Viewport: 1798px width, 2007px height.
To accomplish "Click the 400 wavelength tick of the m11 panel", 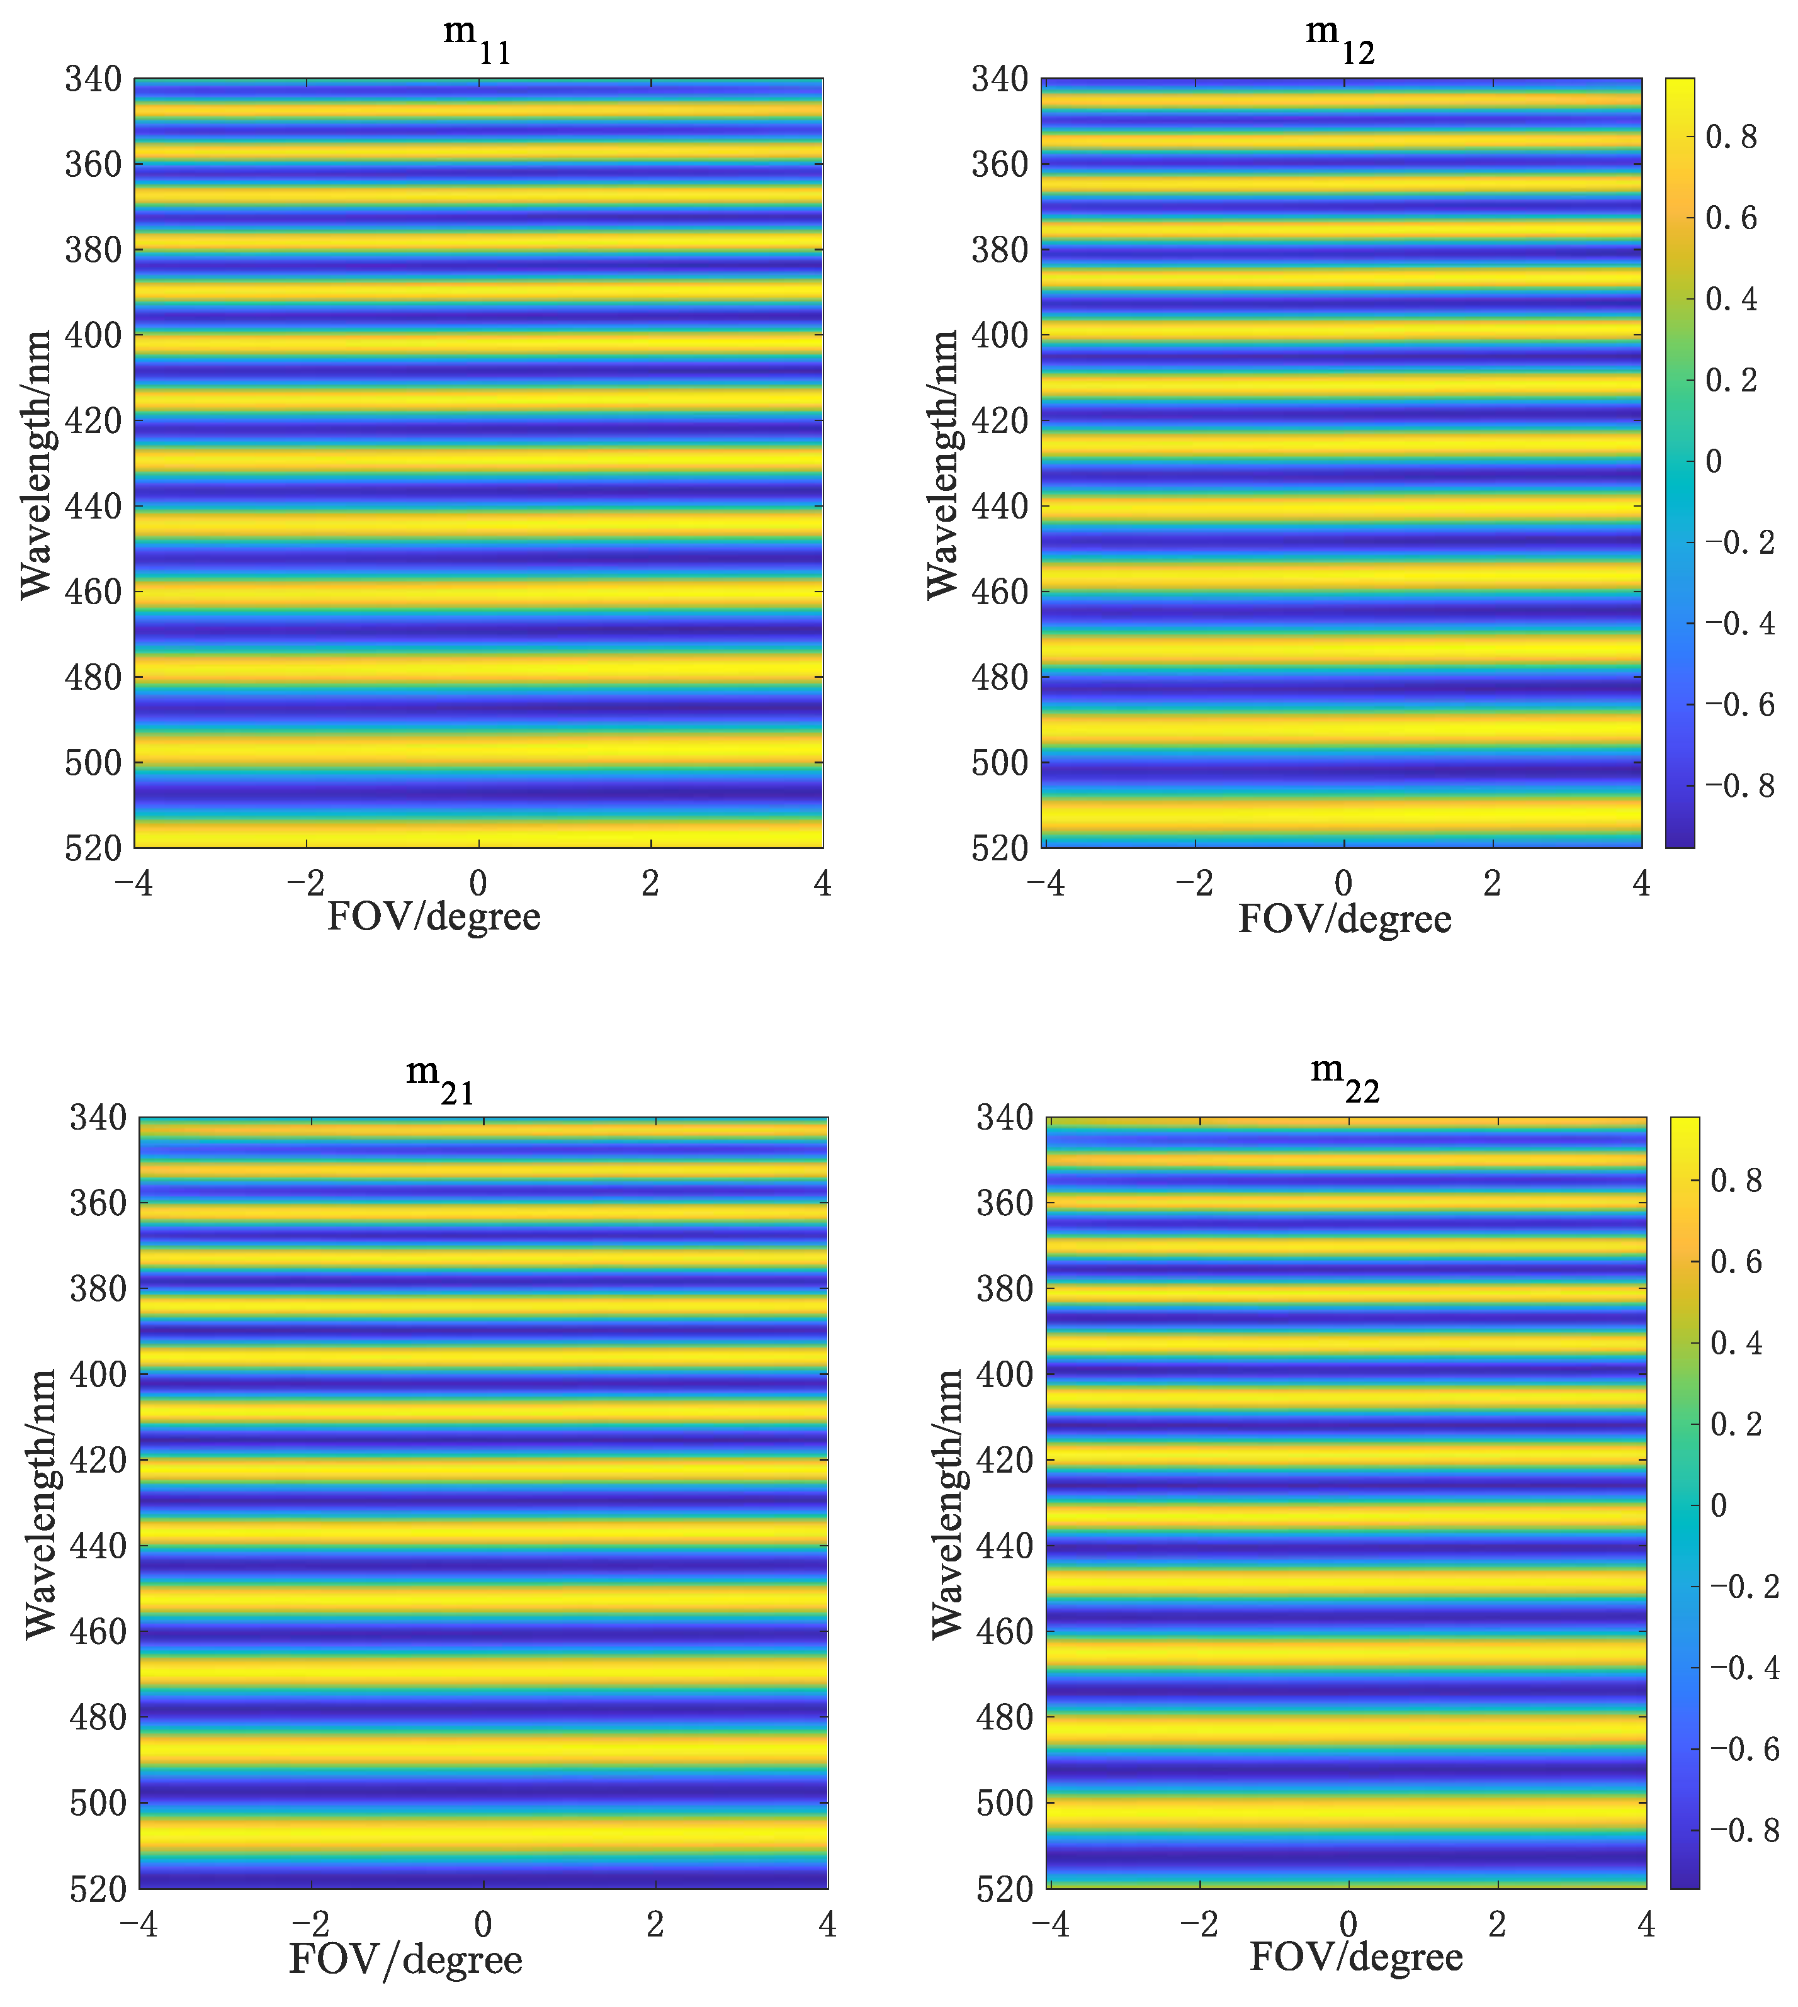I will tap(93, 335).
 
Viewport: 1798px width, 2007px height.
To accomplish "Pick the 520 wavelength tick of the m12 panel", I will tap(1000, 848).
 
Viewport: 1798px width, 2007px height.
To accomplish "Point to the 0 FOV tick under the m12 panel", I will tap(1343, 882).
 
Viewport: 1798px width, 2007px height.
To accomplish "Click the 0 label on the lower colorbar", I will tap(1718, 1504).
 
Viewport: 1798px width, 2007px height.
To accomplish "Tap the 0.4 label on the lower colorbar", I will tap(1736, 1343).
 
